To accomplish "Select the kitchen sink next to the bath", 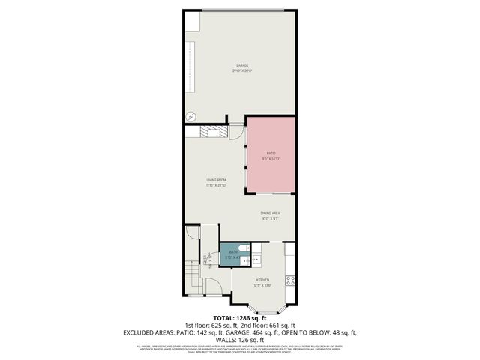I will tap(256, 260).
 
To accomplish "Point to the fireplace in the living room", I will tap(212, 132).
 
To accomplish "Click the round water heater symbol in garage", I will tap(190, 116).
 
